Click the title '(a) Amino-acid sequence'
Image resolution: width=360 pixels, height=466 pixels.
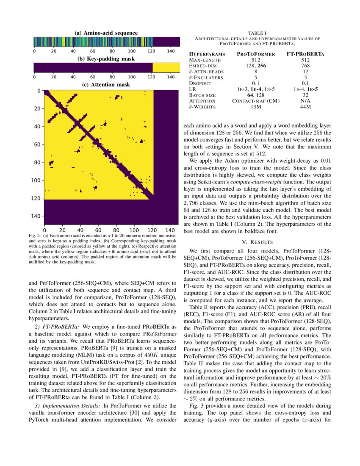click(106, 33)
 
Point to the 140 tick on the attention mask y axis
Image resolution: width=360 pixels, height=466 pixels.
click(36, 216)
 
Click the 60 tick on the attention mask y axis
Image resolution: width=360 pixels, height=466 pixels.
click(38, 144)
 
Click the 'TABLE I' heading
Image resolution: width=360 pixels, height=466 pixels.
click(257, 33)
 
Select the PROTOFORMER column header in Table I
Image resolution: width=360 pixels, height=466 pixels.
click(255, 54)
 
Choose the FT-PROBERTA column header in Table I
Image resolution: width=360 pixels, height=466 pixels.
click(305, 54)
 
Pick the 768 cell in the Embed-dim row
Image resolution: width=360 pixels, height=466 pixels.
click(305, 66)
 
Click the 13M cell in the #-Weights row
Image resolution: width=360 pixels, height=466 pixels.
click(255, 107)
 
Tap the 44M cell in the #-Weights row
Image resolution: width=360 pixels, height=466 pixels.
click(305, 107)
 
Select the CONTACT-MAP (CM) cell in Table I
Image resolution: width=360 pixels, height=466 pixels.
click(255, 101)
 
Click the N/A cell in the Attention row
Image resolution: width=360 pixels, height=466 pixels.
click(305, 101)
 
